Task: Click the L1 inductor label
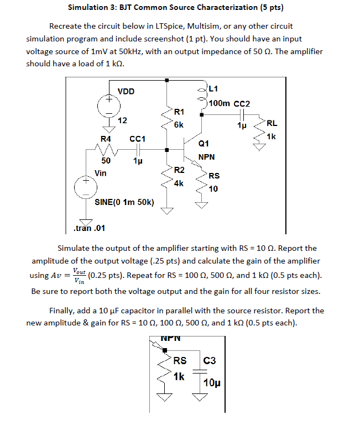[214, 88]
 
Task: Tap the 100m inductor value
[220, 103]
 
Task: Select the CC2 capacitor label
[242, 103]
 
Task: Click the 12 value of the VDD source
[123, 120]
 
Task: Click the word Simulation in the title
[88, 8]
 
